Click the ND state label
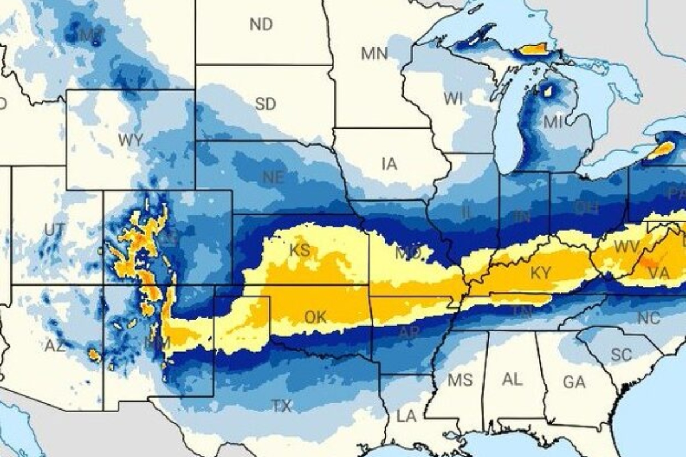coord(261,24)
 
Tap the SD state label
coord(265,104)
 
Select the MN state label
coord(374,54)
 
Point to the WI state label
coord(453,99)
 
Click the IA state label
coord(389,164)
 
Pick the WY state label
coord(130,140)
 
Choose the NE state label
coord(273,178)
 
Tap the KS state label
coord(300,250)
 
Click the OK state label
coord(315,318)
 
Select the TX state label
coord(281,406)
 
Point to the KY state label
coord(540,273)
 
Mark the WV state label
coord(626,247)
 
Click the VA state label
coord(659,274)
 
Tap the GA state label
coord(574,382)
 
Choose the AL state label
coord(512,379)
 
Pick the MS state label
coord(460,379)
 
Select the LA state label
coord(406,416)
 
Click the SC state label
coord(621,355)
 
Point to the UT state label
coord(54,230)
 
